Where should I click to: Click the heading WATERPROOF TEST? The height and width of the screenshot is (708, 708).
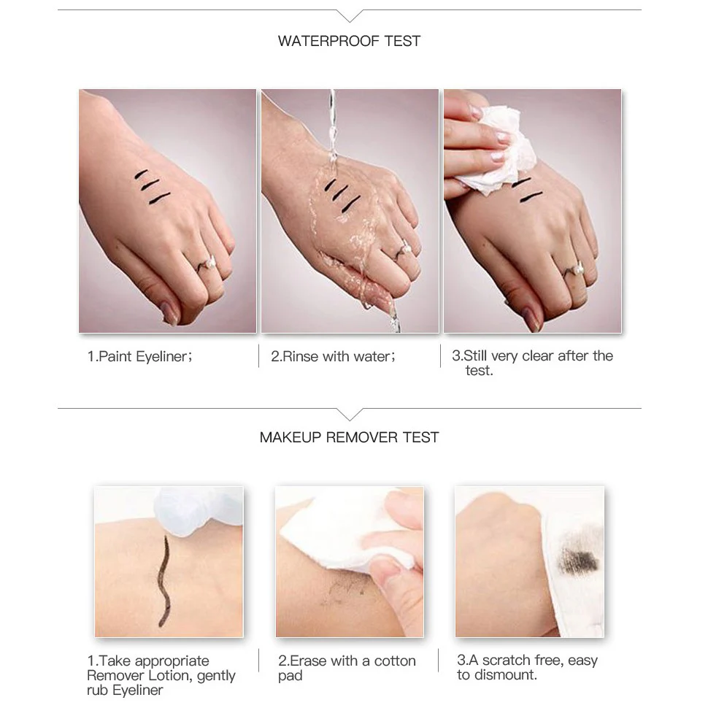(x=349, y=41)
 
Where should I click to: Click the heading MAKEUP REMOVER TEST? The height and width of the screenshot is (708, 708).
(x=349, y=437)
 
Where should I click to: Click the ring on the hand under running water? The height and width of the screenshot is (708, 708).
(x=401, y=253)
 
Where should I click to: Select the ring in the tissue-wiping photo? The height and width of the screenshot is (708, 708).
(x=572, y=272)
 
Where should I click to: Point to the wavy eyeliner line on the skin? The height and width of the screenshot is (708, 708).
(x=164, y=581)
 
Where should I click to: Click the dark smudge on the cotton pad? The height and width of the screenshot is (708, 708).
(x=580, y=556)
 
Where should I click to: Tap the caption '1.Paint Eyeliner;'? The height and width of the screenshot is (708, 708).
(x=139, y=357)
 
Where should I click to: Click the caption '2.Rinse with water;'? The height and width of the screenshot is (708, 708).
(x=333, y=357)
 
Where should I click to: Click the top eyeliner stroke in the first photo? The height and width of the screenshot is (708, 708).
(x=141, y=174)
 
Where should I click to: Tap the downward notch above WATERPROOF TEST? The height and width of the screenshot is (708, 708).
(x=350, y=16)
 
